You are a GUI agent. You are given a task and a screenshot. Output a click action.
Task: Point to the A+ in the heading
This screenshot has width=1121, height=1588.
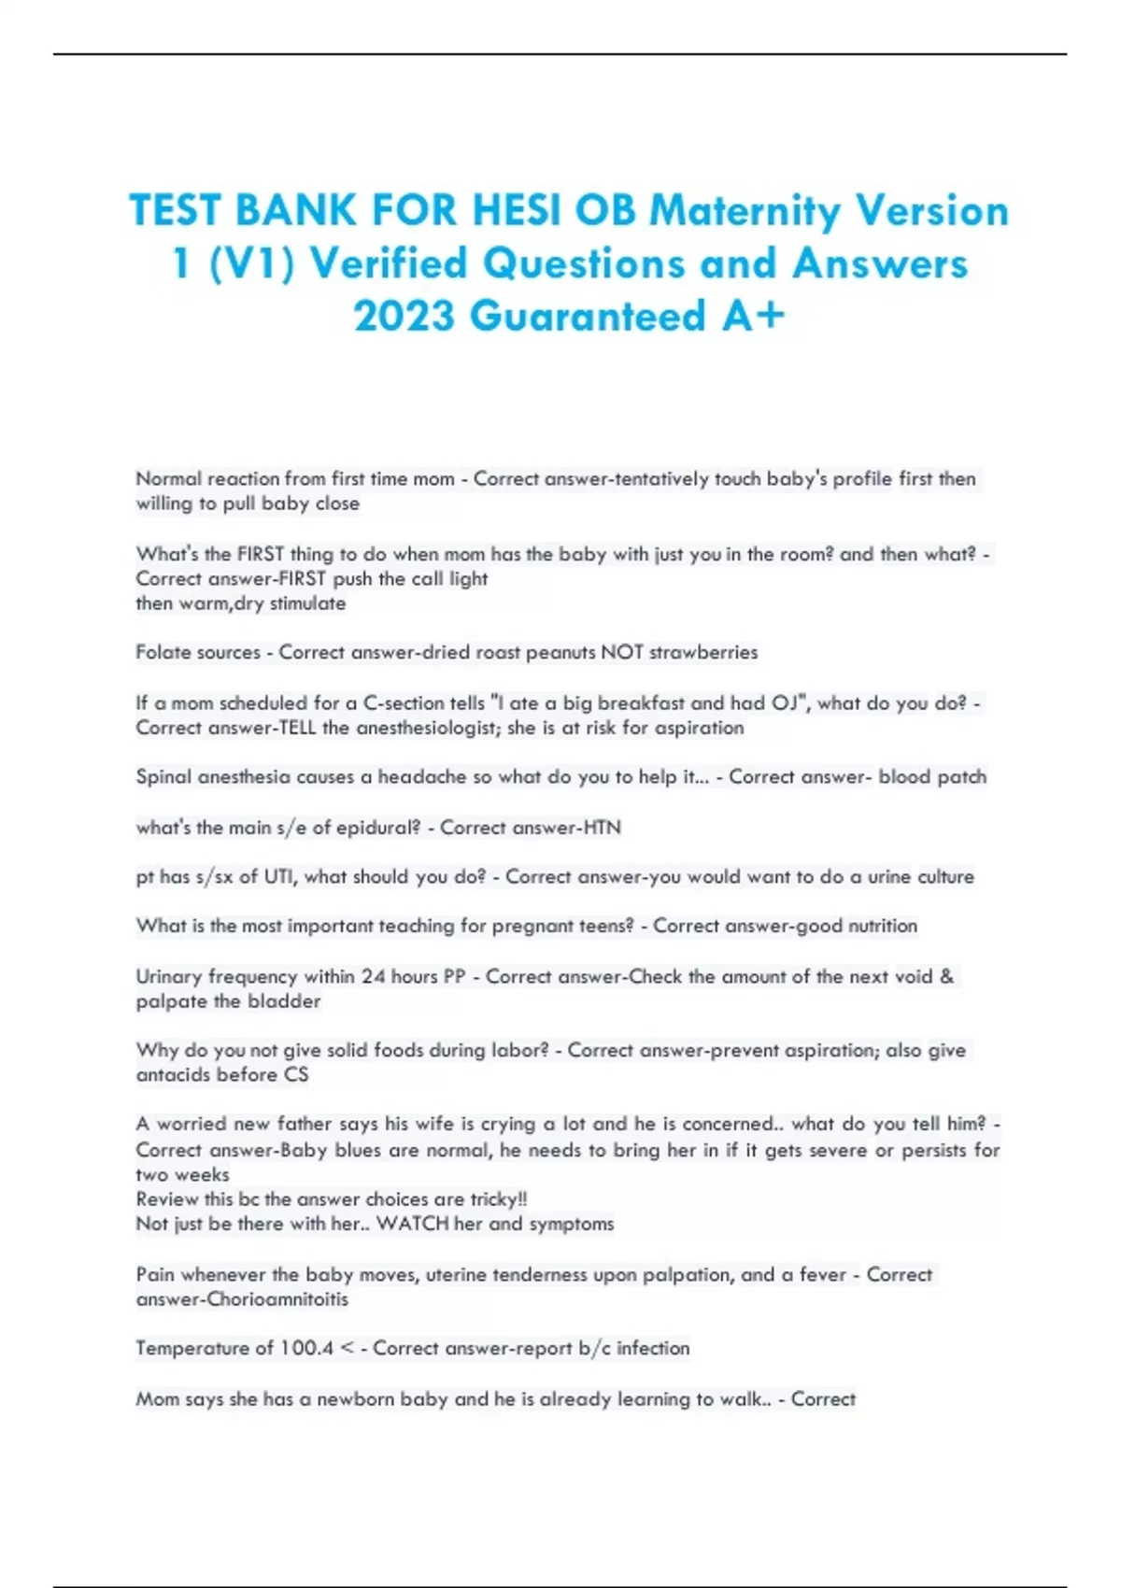(753, 316)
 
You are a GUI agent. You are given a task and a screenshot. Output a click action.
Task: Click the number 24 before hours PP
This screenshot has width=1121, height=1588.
(374, 976)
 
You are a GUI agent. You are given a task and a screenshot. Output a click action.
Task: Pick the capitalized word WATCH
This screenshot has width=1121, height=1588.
(411, 1224)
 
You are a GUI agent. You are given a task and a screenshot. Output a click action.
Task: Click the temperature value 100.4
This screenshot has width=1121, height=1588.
(306, 1349)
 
